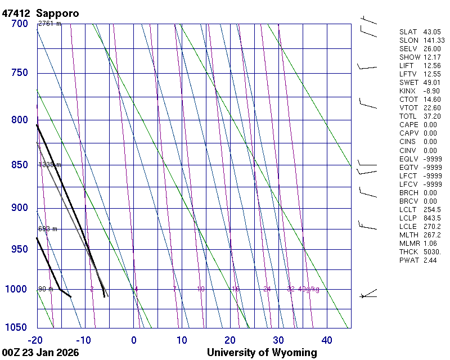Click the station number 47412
[16, 12]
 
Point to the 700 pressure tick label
[20, 24]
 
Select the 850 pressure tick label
[20, 165]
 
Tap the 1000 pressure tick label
[17, 289]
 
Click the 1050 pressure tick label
[17, 327]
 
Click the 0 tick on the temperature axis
[134, 340]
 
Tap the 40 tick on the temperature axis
[327, 340]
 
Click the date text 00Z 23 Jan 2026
[40, 353]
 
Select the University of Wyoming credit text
[262, 353]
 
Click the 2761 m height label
[49, 24]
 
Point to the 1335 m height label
[49, 165]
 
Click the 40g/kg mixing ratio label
[309, 289]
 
